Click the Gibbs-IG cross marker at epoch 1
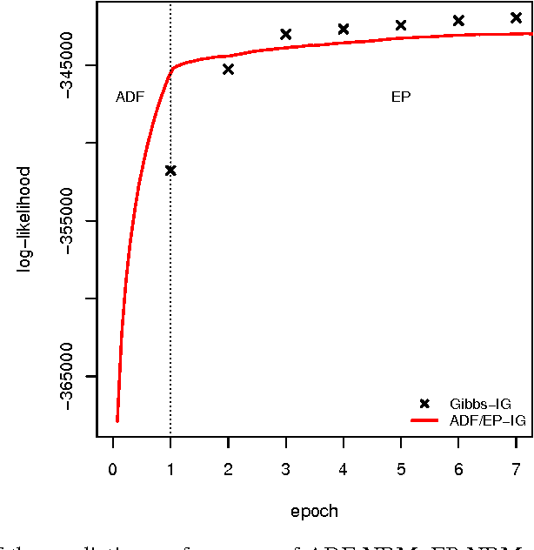[170, 171]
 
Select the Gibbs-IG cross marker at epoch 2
[228, 70]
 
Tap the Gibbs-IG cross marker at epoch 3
[285, 35]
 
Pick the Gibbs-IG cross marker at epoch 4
[344, 30]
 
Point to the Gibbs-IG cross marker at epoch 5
[401, 25]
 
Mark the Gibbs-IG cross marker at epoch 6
[458, 21]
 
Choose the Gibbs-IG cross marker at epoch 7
[516, 17]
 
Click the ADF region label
[130, 97]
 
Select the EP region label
[401, 97]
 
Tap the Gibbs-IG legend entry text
[480, 404]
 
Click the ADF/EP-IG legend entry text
[488, 420]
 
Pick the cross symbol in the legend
[424, 404]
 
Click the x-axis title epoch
[314, 511]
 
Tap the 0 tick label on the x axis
[112, 469]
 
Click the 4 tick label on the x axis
[344, 469]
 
